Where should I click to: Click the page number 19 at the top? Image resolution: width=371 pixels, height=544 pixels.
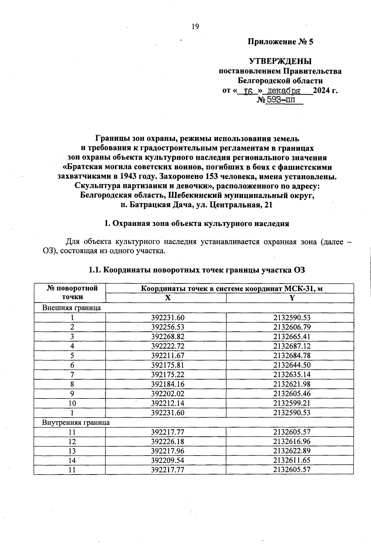click(x=195, y=27)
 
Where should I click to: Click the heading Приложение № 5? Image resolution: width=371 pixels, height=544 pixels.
click(x=280, y=42)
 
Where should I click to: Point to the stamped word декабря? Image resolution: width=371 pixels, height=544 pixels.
click(x=284, y=91)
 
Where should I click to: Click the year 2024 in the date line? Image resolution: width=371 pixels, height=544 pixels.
click(x=322, y=91)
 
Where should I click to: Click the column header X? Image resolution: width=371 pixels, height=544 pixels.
click(x=167, y=298)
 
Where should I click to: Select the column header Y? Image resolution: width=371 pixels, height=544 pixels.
click(x=291, y=298)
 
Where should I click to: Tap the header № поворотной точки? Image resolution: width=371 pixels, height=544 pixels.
click(x=72, y=292)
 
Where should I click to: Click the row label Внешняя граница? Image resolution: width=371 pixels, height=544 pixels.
click(x=71, y=308)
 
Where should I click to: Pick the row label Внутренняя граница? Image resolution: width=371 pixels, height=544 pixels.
click(x=76, y=422)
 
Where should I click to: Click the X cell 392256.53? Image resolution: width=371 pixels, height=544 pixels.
click(x=168, y=327)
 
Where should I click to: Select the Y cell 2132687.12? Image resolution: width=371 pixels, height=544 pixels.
click(x=292, y=346)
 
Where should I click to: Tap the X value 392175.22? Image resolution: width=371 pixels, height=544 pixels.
click(x=168, y=374)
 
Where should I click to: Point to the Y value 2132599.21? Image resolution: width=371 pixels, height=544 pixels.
click(x=292, y=403)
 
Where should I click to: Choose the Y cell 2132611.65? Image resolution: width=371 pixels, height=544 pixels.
click(x=292, y=460)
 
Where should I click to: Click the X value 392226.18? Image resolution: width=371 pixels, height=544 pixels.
click(x=168, y=441)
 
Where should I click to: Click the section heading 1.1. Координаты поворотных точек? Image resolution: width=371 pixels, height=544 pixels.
click(x=197, y=270)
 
